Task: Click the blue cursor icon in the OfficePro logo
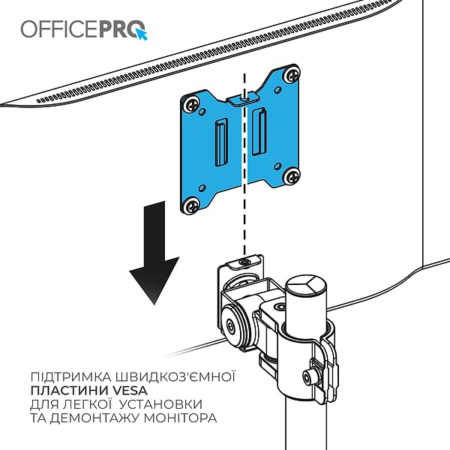(142, 33)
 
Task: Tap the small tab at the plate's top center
(243, 97)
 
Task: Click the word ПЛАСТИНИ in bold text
(64, 389)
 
